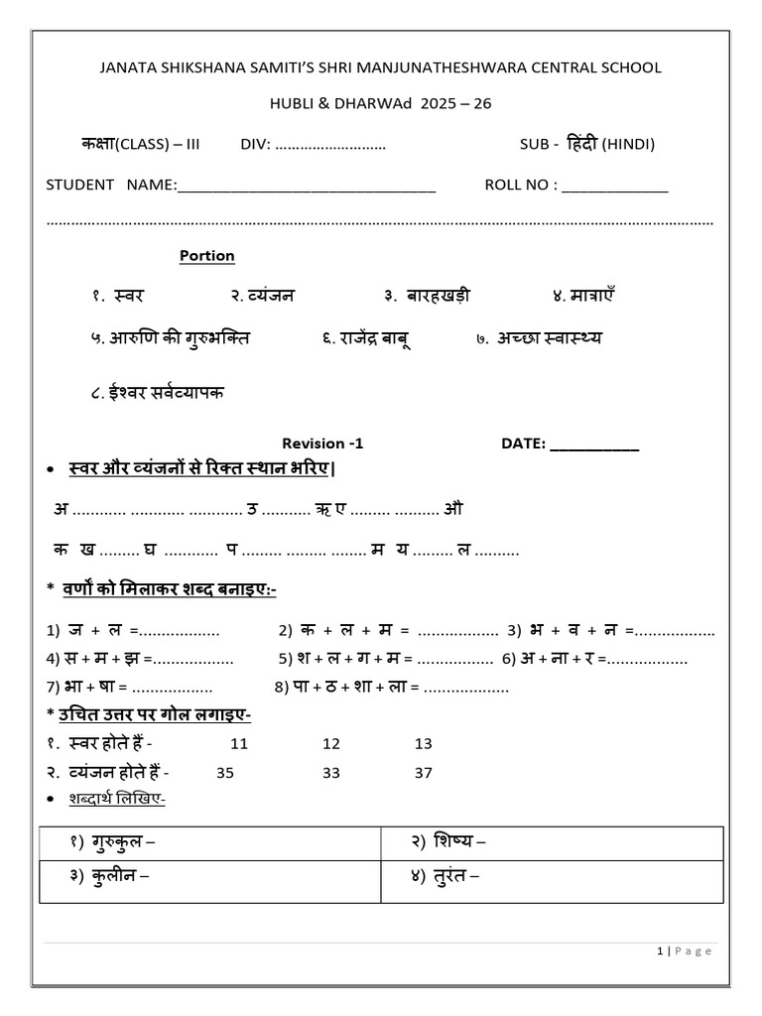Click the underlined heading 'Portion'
[206, 256]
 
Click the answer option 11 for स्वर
[239, 743]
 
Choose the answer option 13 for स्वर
[424, 743]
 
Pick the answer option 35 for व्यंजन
[224, 773]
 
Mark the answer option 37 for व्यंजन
[424, 773]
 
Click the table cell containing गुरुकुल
[210, 842]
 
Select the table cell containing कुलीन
[210, 877]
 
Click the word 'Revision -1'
[316, 444]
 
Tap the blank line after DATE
[594, 444]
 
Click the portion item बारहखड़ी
[427, 296]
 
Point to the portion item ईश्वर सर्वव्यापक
[157, 392]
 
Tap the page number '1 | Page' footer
[685, 951]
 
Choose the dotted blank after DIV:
[330, 145]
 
